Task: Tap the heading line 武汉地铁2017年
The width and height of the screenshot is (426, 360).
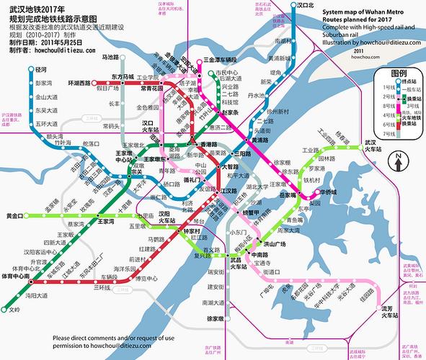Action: [x=36, y=7]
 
